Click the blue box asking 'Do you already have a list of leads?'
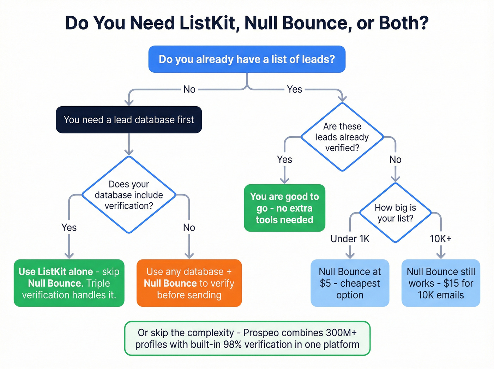pyautogui.click(x=247, y=59)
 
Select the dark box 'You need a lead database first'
pyautogui.click(x=129, y=120)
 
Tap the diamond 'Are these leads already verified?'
pyautogui.click(x=342, y=137)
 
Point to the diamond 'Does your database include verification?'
pyautogui.click(x=129, y=195)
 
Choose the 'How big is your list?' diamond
pyautogui.click(x=395, y=213)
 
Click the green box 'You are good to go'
pyautogui.click(x=284, y=208)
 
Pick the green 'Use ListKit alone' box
pyautogui.click(x=69, y=283)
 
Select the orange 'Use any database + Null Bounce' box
pyautogui.click(x=189, y=283)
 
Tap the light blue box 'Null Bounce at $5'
pyautogui.click(x=350, y=283)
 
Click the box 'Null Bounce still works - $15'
pyautogui.click(x=441, y=283)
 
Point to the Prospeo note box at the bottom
pyautogui.click(x=247, y=338)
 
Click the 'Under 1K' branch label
pyautogui.click(x=350, y=239)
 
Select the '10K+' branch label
pyautogui.click(x=440, y=239)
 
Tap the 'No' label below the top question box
pyautogui.click(x=189, y=89)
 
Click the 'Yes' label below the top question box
pyautogui.click(x=294, y=89)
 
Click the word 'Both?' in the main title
pyautogui.click(x=404, y=23)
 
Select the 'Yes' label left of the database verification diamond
pyautogui.click(x=69, y=228)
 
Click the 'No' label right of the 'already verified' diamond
pyautogui.click(x=395, y=160)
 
